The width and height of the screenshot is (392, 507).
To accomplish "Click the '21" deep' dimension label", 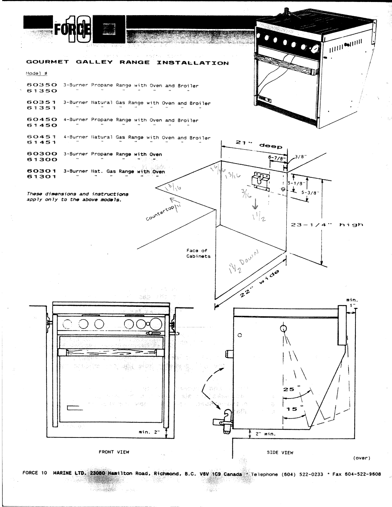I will (x=259, y=144).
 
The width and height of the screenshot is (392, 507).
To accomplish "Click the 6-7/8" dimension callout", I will (x=276, y=158).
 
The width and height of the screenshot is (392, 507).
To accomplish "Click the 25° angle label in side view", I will (x=290, y=389).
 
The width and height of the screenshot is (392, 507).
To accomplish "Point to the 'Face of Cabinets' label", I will (x=198, y=253).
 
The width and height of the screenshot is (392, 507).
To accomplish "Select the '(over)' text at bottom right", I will (x=361, y=458).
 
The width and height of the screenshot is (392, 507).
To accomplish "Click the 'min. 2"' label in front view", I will (x=149, y=432).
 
